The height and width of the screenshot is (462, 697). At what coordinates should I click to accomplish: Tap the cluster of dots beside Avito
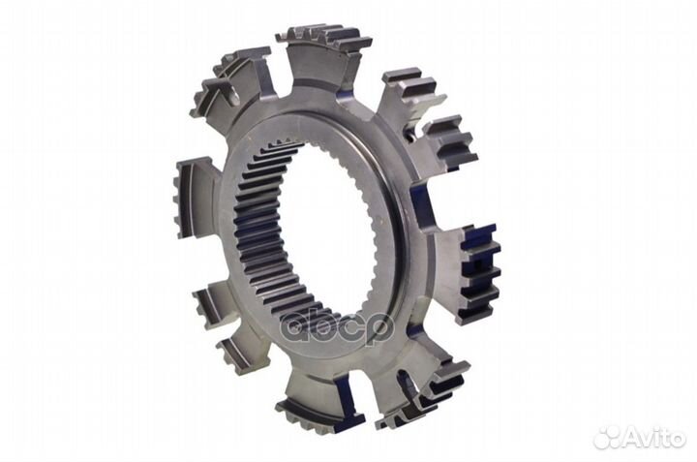(x=607, y=437)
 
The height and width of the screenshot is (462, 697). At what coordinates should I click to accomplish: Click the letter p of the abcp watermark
(x=380, y=329)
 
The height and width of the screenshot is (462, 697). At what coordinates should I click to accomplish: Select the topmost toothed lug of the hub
(x=323, y=54)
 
